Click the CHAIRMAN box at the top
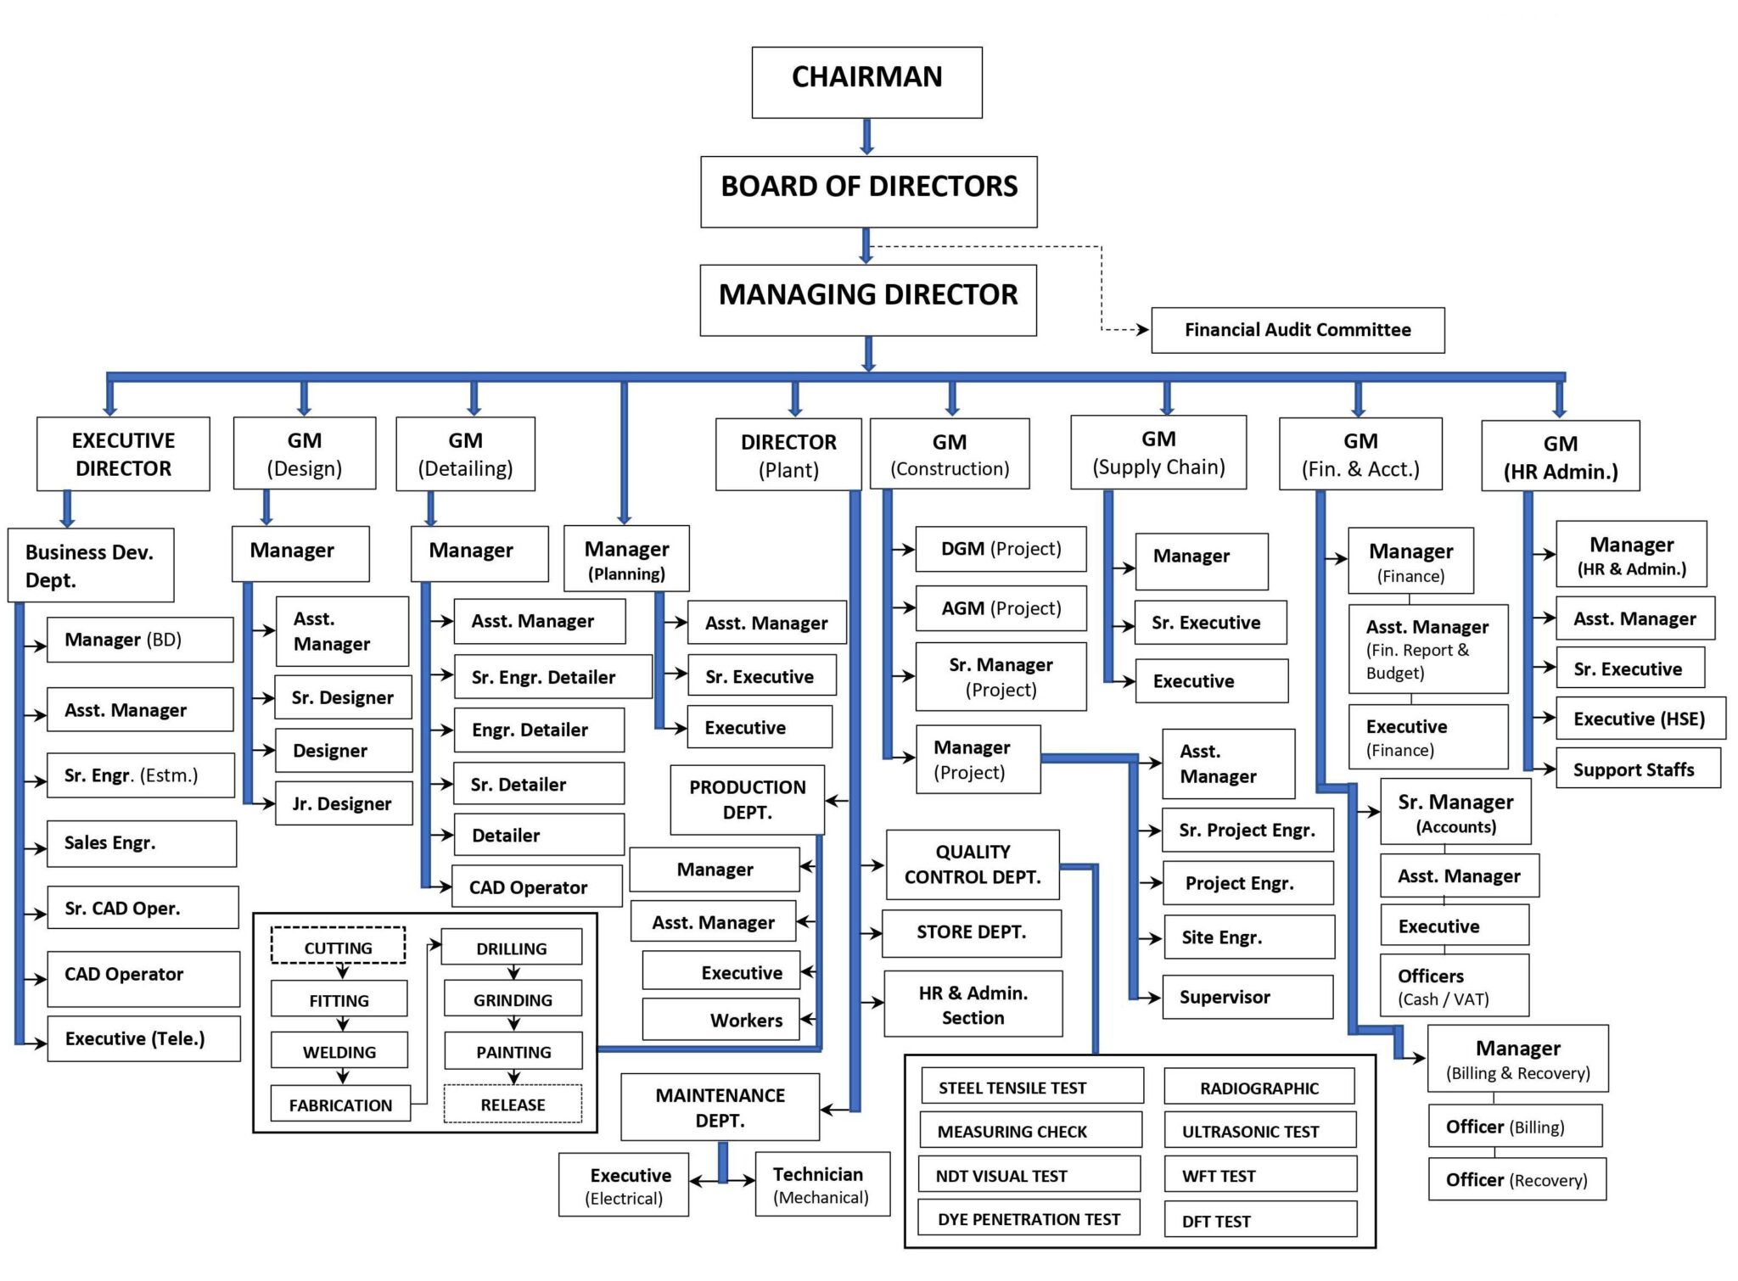866,81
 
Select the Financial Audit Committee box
1297,330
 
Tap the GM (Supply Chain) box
1158,452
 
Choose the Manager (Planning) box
626,558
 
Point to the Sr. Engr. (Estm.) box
140,775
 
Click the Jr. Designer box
344,803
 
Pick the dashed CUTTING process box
338,946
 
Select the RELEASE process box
513,1104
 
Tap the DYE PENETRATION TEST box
1029,1218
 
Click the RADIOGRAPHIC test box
1259,1087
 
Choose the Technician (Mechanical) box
821,1184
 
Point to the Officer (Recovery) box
1517,1179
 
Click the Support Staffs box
1637,769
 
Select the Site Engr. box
1248,937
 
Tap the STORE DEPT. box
971,932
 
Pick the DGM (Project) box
1001,549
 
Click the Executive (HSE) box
1640,719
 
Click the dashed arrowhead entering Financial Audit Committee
1143,329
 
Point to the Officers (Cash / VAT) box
1454,986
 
